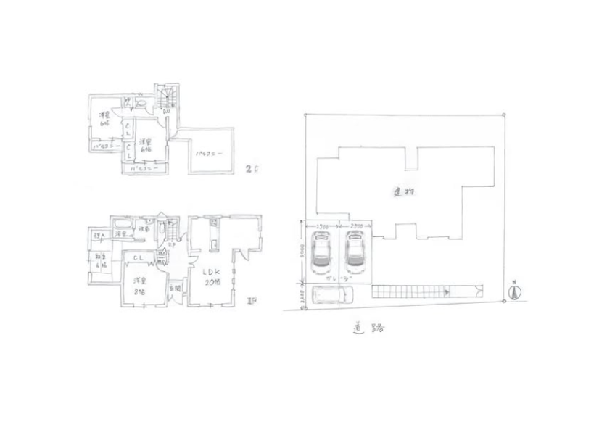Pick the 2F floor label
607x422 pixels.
point(251,170)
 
